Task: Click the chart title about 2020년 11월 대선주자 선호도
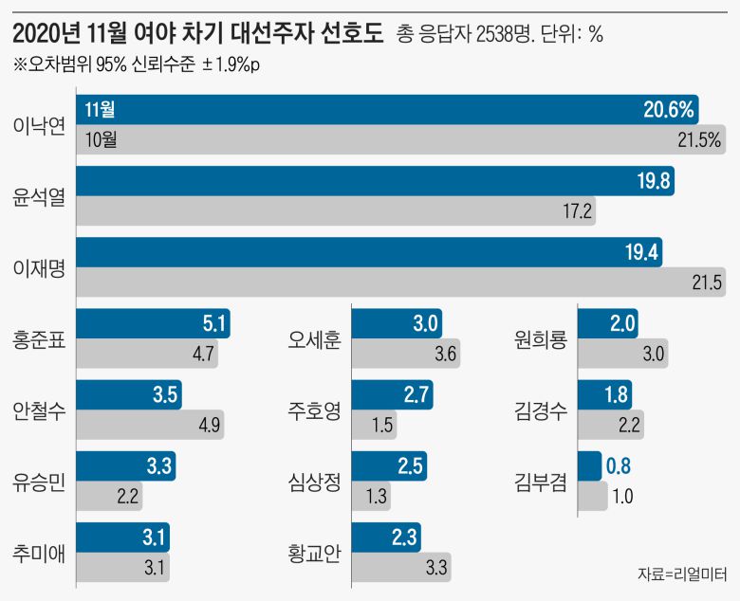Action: tap(199, 35)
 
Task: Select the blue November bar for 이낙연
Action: tap(379, 110)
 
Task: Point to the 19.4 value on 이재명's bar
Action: tap(641, 252)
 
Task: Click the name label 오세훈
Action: tap(314, 338)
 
